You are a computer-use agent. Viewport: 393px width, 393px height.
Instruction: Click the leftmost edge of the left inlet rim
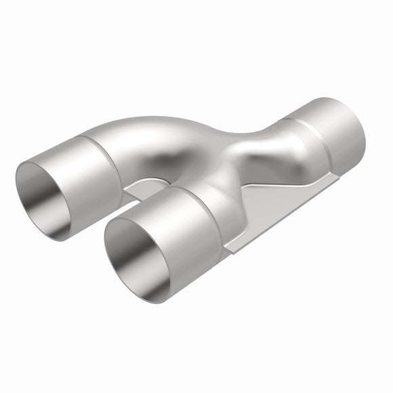[x=16, y=183]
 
